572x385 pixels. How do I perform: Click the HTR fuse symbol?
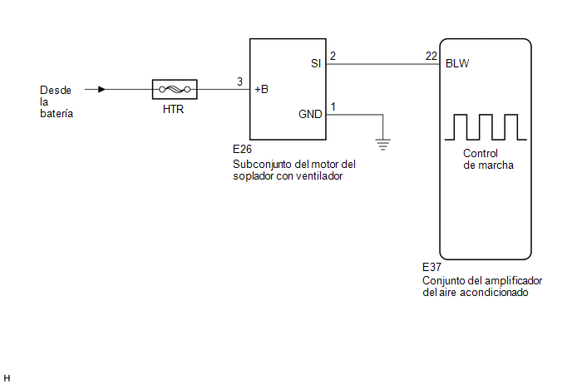coord(175,89)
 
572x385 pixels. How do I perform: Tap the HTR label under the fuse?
coord(173,109)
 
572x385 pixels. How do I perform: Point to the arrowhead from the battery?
coord(101,89)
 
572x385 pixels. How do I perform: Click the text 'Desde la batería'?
coord(57,101)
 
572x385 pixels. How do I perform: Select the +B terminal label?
coord(261,89)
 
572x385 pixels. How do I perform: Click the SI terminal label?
coord(316,63)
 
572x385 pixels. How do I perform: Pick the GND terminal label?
coord(310,114)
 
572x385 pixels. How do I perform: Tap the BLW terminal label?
coord(457,63)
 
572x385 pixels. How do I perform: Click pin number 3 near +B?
coord(239,81)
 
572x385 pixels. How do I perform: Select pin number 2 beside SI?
coord(333,56)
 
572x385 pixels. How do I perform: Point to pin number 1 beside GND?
coord(333,106)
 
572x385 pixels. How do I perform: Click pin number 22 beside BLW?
coord(431,56)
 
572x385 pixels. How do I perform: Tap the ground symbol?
coord(382,145)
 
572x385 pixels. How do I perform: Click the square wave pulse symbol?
coord(486,127)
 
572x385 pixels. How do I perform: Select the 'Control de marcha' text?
coord(488,159)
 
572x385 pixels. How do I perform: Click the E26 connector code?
coord(242,149)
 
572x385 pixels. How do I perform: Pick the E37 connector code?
coord(432,267)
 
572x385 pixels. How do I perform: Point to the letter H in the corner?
coord(7,378)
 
